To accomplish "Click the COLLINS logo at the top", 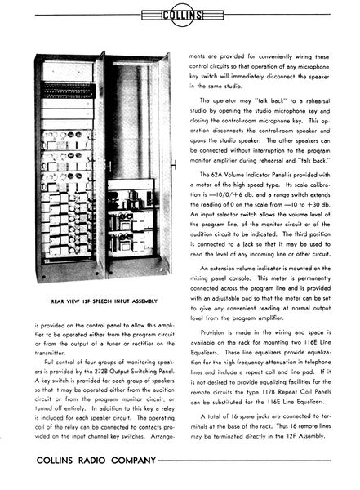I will tap(180, 14).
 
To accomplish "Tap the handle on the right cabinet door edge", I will tap(173, 163).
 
